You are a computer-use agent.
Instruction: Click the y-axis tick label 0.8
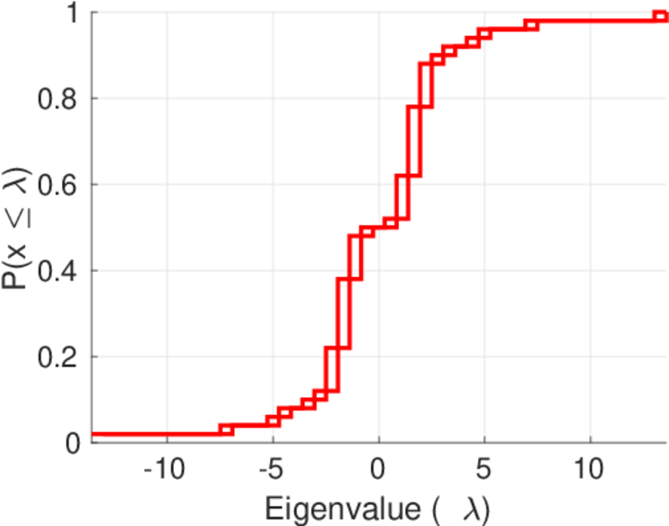pyautogui.click(x=56, y=99)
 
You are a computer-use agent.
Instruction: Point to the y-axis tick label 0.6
pyautogui.click(x=56, y=185)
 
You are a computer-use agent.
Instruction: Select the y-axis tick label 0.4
pyautogui.click(x=56, y=271)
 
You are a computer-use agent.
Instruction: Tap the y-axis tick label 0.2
pyautogui.click(x=56, y=357)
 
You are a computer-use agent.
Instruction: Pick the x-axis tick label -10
pyautogui.click(x=165, y=469)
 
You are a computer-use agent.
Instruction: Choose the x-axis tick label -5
pyautogui.click(x=272, y=469)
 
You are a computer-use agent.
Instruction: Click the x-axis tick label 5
pyautogui.click(x=484, y=469)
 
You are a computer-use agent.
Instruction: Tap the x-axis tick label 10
pyautogui.click(x=590, y=469)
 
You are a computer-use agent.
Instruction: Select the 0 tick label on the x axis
pyautogui.click(x=378, y=469)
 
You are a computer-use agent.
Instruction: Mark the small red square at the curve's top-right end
pyautogui.click(x=660, y=16)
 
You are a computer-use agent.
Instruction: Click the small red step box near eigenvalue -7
pyautogui.click(x=226, y=430)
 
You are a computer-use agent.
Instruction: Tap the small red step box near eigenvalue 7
pyautogui.click(x=530, y=25)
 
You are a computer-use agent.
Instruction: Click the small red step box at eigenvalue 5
pyautogui.click(x=484, y=34)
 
